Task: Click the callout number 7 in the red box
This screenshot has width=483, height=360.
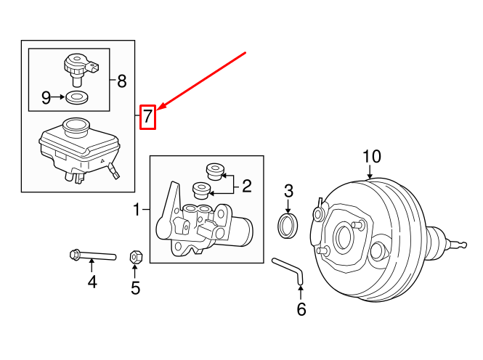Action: coord(148,116)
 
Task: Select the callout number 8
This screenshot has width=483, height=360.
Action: coord(121,81)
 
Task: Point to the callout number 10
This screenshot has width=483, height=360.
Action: coord(371,156)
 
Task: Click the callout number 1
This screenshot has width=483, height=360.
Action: coord(137,210)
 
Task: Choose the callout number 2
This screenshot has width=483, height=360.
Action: coord(246,187)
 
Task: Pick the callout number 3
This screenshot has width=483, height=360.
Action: coord(288,191)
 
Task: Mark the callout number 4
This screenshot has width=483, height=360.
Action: coord(92,281)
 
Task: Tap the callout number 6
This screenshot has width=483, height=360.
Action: coord(301,309)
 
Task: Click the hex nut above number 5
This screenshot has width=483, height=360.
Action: coord(135,256)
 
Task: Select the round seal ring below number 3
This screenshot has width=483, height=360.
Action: coord(288,225)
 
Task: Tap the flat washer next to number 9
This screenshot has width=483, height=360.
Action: coord(76,97)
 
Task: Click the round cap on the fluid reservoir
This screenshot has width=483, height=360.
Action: coord(75,128)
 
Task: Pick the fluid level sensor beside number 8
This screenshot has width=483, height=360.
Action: coord(75,67)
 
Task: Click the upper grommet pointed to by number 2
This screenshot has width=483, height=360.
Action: coord(214,171)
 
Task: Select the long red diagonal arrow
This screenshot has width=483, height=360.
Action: coord(203,80)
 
